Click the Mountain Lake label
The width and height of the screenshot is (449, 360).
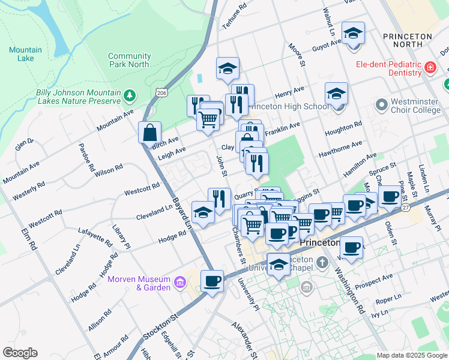coord(26,54)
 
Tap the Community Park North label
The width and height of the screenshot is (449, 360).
coord(129,60)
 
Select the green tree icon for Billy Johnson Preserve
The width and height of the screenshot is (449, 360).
coord(129,95)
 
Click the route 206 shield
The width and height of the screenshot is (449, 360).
coord(161,92)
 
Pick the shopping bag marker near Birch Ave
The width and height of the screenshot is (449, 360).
coord(149,133)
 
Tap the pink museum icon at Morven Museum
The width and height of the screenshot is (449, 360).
coord(179,283)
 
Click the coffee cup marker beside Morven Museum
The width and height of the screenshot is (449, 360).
coord(211,281)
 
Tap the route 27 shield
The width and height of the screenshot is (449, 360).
coord(406,208)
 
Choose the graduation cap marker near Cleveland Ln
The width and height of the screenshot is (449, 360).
coord(203,213)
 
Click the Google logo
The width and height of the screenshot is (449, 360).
coord(20,353)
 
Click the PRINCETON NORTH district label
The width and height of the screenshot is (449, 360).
coord(408,41)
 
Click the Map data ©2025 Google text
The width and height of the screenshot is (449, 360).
coord(412,355)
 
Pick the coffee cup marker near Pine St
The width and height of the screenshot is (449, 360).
coord(390,197)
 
